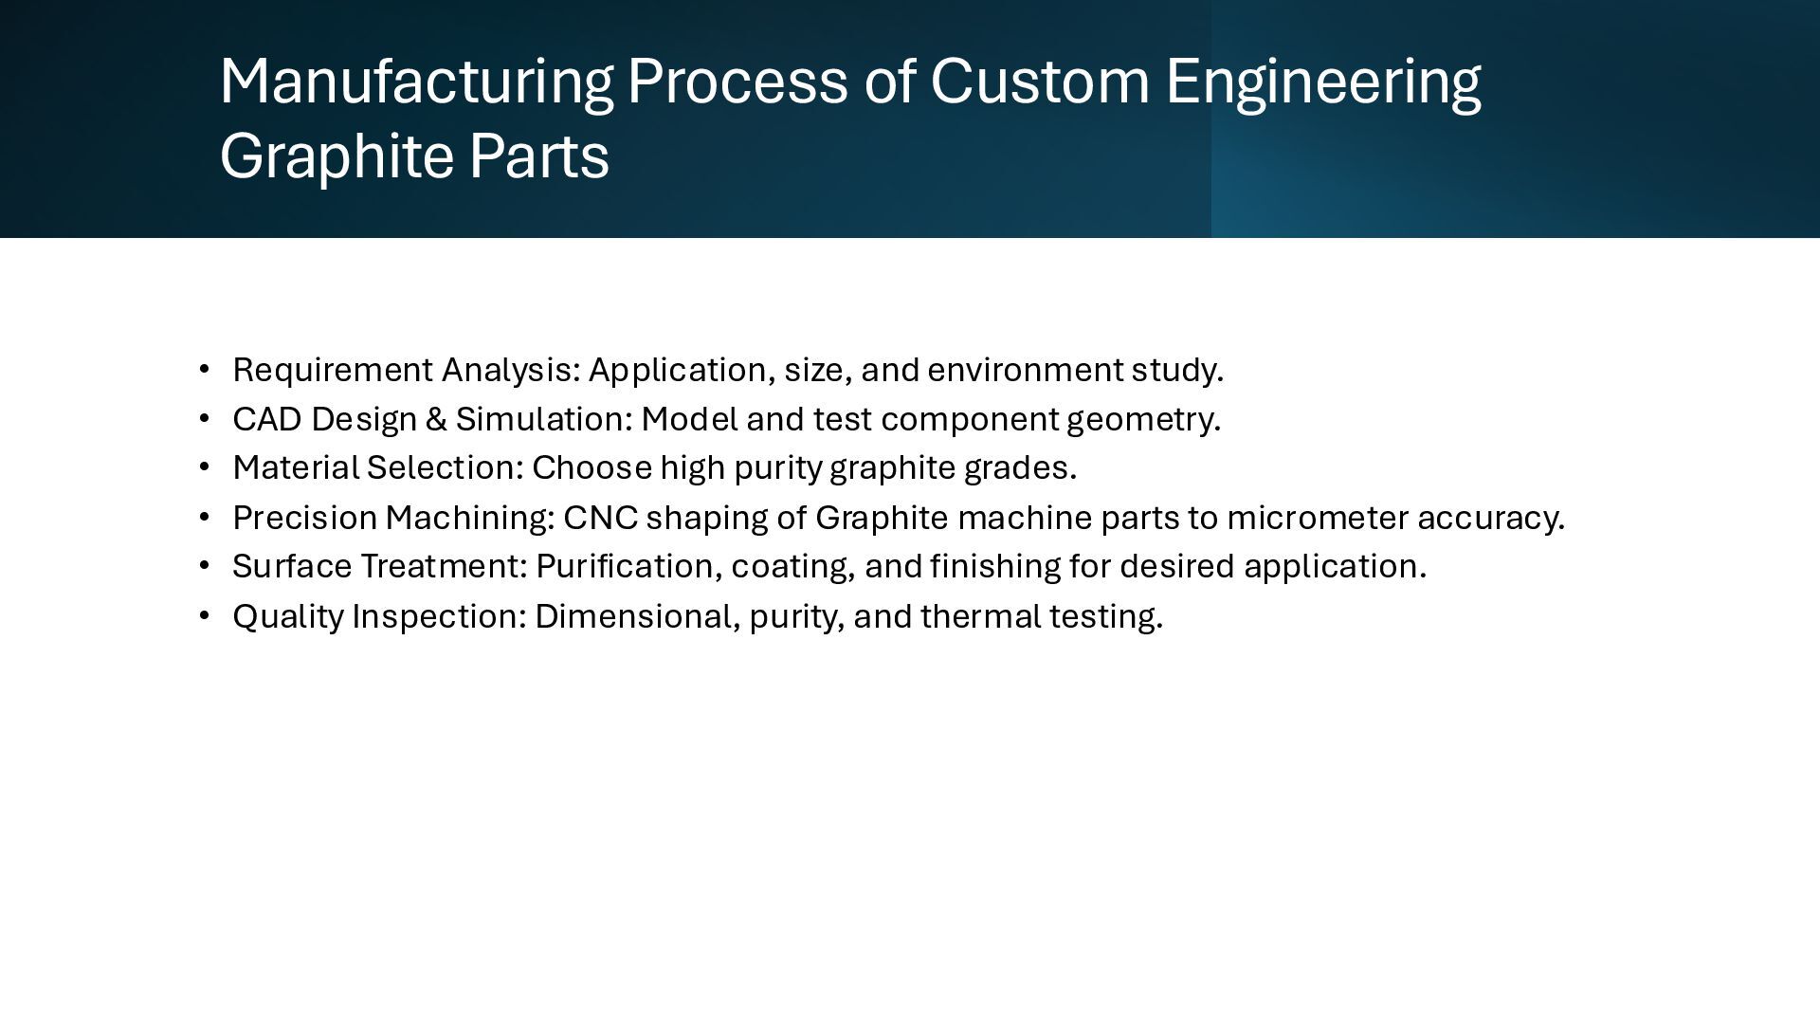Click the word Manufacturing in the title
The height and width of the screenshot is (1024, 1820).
click(416, 82)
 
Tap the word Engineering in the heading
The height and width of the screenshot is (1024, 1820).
click(1322, 82)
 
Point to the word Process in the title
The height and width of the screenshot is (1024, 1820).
click(737, 82)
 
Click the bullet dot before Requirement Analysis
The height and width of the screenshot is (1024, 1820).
click(204, 369)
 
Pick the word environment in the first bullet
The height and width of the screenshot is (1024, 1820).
click(1025, 370)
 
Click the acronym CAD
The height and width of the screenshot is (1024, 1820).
click(266, 419)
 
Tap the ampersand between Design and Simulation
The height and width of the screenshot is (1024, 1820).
click(436, 419)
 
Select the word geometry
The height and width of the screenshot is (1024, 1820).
click(1142, 420)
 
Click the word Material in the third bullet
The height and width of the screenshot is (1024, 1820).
click(296, 468)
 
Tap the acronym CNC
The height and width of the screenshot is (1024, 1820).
click(600, 518)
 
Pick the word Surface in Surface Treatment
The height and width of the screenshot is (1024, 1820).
click(292, 567)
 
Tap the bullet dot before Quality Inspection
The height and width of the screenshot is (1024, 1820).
click(204, 616)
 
